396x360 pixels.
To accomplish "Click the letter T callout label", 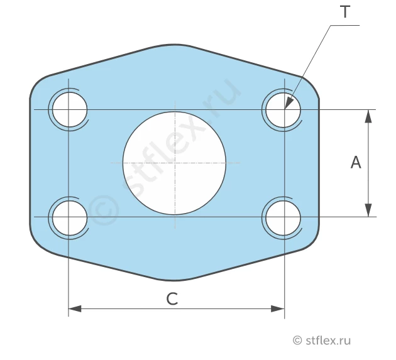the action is (x=345, y=12).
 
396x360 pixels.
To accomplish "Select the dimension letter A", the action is (x=356, y=162).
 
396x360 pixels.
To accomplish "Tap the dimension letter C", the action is (x=172, y=298).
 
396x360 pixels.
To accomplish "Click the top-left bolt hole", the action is (x=70, y=109).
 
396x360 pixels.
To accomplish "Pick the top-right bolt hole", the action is (x=283, y=110).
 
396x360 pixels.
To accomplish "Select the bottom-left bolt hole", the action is (x=70, y=218).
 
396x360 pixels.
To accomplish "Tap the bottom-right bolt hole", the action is (x=283, y=218).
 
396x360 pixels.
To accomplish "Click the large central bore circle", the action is (x=174, y=163).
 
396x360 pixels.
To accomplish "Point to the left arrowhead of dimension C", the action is (x=75, y=308).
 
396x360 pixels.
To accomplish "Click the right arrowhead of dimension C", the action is (x=278, y=308).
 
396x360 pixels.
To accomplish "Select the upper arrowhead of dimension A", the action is (x=369, y=116).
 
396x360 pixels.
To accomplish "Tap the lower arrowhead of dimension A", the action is (x=369, y=210).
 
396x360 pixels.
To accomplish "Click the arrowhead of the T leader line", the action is (x=289, y=103).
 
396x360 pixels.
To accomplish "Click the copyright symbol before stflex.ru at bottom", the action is (x=297, y=340).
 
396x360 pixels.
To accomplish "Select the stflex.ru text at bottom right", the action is (x=328, y=340).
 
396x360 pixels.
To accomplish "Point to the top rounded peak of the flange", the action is (x=174, y=45).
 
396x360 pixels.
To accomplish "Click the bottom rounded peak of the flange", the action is (x=174, y=280).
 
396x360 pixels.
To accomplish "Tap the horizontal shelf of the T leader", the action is (x=345, y=25).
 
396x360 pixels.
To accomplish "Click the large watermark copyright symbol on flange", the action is (x=104, y=210).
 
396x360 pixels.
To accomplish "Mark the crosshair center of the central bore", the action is (x=175, y=163).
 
